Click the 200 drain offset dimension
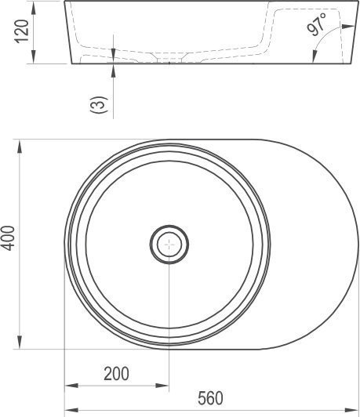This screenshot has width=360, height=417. point(117,373)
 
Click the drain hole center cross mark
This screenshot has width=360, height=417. point(169,245)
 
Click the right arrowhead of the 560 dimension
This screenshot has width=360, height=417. point(355,409)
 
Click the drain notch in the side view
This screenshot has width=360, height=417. point(168,60)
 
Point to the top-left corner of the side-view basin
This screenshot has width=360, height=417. point(65,2)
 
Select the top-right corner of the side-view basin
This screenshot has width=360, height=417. point(351,2)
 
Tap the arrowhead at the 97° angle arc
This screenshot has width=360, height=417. point(315,53)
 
